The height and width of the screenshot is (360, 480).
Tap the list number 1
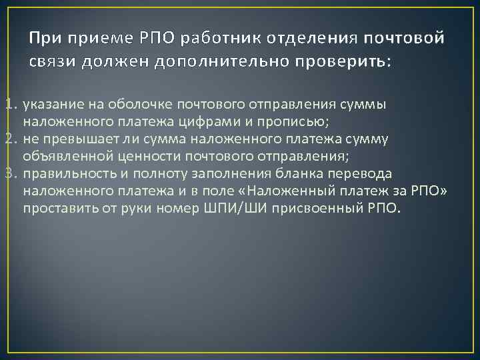pyautogui.click(x=9, y=105)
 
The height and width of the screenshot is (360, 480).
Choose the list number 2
pyautogui.click(x=9, y=139)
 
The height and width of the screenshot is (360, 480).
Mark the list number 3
pyautogui.click(x=9, y=173)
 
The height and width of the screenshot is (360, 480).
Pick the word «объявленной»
pyautogui.click(x=62, y=156)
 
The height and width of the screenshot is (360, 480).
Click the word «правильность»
pyautogui.click(x=65, y=173)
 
